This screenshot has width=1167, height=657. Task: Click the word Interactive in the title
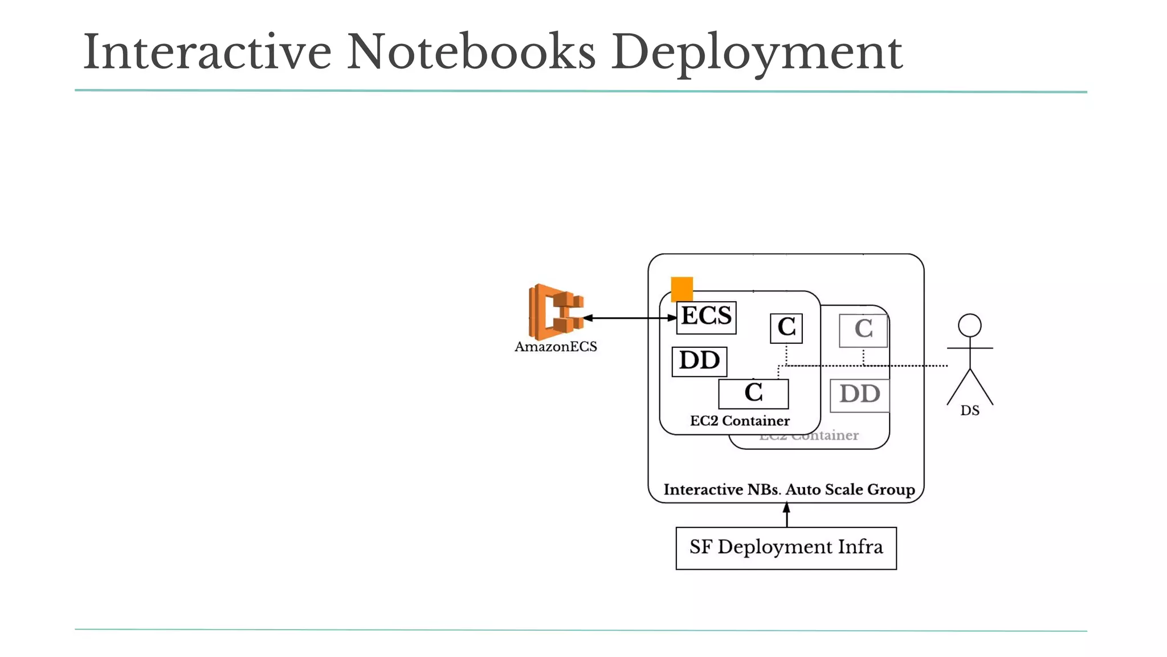tap(207, 52)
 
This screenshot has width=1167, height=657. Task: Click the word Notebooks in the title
tap(471, 52)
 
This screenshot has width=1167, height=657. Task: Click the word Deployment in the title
tap(756, 54)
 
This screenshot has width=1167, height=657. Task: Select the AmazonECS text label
tap(556, 347)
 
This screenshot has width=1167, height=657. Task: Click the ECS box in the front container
tap(706, 317)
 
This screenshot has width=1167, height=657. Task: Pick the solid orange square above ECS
tap(682, 289)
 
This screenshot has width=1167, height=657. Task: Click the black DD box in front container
tap(699, 362)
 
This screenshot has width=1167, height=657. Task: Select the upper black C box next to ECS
tap(786, 328)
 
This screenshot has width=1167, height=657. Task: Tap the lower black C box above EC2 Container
tap(753, 394)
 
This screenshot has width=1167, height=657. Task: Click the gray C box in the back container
tap(863, 330)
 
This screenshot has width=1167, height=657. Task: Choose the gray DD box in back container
tap(859, 395)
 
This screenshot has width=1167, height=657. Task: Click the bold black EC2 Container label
tap(740, 421)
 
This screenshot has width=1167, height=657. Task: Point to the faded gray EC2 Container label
tap(809, 436)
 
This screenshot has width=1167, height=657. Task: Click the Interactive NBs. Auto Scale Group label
tap(789, 490)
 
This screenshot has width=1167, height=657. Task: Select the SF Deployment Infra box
tap(786, 547)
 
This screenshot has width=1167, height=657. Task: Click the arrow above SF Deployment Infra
tap(786, 515)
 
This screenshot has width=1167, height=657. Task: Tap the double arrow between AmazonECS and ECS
tap(630, 318)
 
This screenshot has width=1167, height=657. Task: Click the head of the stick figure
tap(969, 325)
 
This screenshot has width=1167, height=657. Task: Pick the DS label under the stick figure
tap(969, 411)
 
